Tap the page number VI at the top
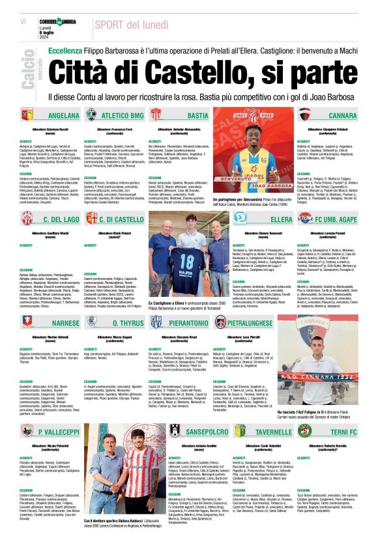click(x=23, y=21)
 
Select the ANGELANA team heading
click(x=64, y=116)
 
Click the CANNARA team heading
click(x=338, y=116)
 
